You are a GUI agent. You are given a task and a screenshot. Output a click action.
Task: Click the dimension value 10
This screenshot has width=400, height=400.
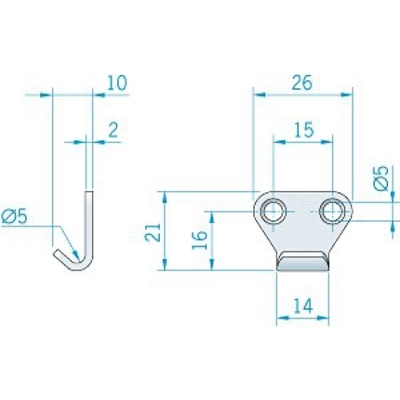pyautogui.click(x=116, y=83)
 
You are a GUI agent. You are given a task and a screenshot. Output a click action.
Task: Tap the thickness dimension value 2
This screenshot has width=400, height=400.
pyautogui.click(x=113, y=130)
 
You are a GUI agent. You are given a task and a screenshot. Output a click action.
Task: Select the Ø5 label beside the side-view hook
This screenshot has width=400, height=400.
pyautogui.click(x=14, y=217)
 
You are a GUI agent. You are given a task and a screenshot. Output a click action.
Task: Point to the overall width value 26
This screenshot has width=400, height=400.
pyautogui.click(x=302, y=83)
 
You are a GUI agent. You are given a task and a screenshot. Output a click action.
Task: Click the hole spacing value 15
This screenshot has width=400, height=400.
pyautogui.click(x=304, y=130)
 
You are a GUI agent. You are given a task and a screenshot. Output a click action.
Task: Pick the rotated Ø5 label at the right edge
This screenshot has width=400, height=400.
pyautogui.click(x=380, y=178)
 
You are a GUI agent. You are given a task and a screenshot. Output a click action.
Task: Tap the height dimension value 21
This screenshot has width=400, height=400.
pyautogui.click(x=153, y=232)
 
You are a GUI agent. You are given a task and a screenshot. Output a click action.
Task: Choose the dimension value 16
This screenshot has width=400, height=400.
pyautogui.click(x=200, y=240)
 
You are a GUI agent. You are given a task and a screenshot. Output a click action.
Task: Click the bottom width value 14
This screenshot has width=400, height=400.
pyautogui.click(x=303, y=306)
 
